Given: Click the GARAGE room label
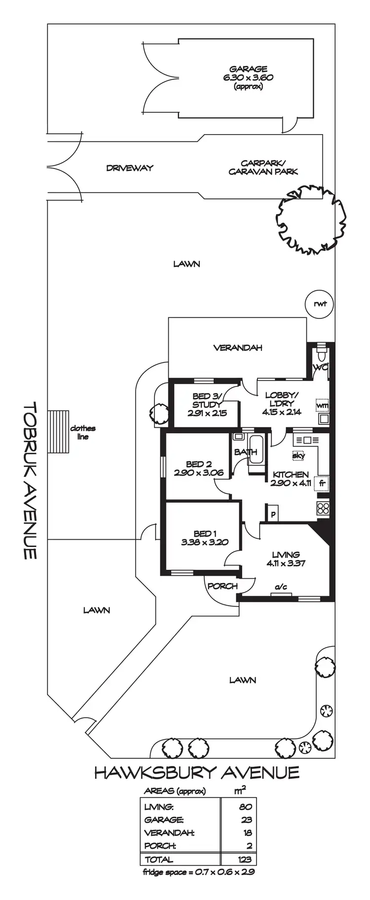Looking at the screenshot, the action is pos(248,69).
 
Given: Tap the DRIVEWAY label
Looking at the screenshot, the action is pos(130,168).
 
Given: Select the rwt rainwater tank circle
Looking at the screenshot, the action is pos(320,304).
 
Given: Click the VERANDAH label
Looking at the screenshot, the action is pos(237,348).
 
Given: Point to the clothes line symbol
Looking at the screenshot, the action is pos(59,432).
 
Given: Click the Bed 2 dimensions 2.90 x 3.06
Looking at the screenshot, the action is pos(199,473).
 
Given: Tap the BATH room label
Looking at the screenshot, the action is pos(245,451).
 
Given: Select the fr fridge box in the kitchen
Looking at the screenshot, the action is pos(323,483).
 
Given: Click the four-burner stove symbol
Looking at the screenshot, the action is pos(323,508).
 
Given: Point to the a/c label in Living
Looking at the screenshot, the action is pos(281,587).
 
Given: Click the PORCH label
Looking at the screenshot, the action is pos(222,586).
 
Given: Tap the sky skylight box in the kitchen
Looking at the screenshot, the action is pos(298,456).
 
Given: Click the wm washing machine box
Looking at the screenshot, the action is pos(322,405).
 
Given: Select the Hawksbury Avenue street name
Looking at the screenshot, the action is pos(197,772).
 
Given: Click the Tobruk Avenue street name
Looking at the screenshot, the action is pos(31,480).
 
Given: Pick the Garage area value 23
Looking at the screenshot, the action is pos(247,820).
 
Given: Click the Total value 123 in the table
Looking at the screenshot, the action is pos(245,859).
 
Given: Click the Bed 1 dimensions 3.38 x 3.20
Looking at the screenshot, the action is pos(205,543).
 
